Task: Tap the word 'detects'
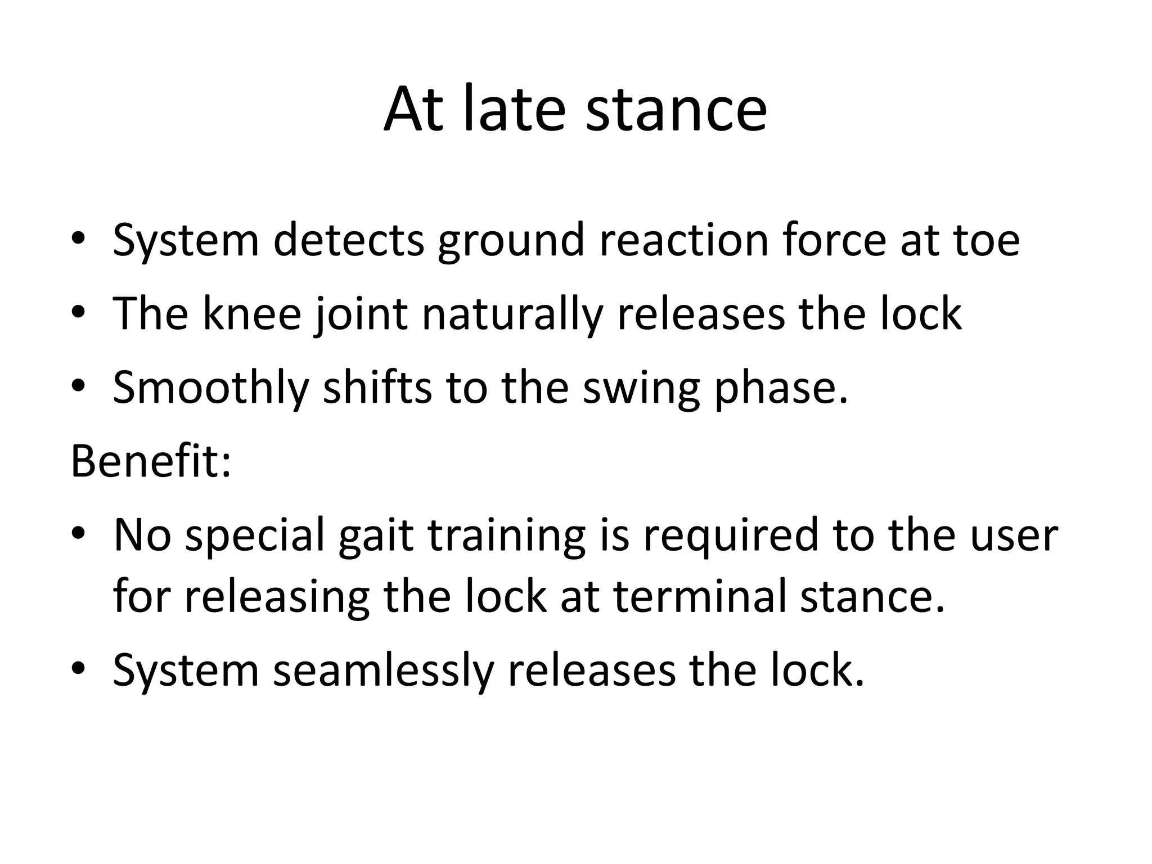coord(348,241)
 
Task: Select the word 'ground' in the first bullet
coord(511,241)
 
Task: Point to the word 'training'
coord(506,535)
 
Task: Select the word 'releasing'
coord(277,596)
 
